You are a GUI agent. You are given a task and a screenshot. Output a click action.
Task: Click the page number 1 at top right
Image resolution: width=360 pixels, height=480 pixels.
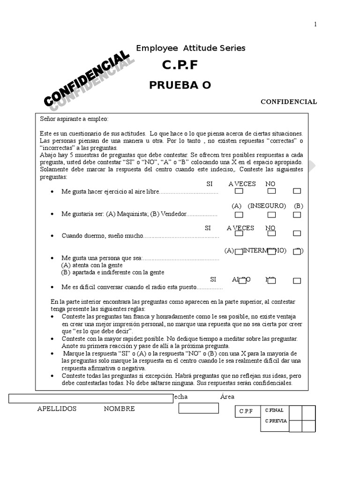tap(315, 25)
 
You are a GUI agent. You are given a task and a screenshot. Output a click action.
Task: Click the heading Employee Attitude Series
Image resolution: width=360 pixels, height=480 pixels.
tap(190, 48)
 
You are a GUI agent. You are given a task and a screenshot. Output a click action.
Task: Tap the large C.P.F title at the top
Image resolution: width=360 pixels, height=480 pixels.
tap(180, 66)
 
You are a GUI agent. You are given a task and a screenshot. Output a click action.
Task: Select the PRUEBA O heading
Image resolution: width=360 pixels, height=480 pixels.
tap(180, 85)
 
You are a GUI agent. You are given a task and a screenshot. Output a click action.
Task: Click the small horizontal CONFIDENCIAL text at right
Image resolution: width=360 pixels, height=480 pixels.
tap(289, 102)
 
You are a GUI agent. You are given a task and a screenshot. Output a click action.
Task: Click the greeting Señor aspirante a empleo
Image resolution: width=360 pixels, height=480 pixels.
tap(74, 119)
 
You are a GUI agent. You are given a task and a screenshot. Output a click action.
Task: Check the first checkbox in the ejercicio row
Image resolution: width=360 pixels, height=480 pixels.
tap(239, 191)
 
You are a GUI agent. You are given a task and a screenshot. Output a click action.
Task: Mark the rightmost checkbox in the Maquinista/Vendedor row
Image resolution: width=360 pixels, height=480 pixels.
tap(297, 215)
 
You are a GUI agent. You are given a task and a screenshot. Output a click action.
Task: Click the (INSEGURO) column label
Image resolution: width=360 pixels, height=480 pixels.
tap(267, 206)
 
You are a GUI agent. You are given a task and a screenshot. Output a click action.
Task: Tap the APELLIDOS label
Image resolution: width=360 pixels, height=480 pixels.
tap(57, 409)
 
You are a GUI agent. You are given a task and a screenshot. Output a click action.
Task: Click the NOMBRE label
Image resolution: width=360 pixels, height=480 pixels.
tap(119, 409)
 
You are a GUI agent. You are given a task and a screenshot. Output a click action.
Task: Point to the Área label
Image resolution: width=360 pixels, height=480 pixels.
tap(227, 397)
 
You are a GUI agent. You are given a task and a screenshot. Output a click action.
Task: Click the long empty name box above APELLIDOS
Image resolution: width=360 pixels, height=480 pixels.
tap(91, 398)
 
